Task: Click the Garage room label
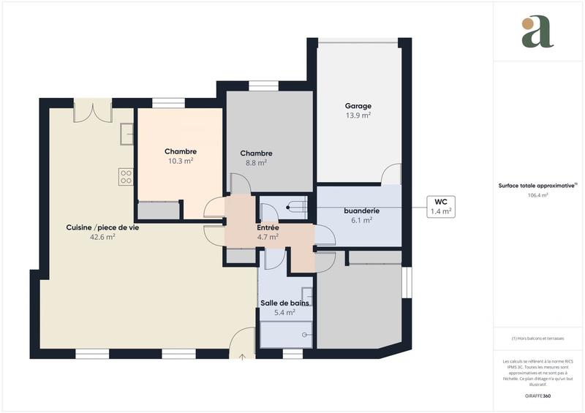(358, 106)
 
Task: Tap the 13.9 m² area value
(358, 115)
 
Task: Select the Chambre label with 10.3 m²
(180, 151)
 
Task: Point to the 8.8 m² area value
(257, 163)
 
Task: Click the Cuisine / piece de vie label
(102, 227)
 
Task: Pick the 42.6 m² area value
(102, 237)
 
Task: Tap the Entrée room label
(267, 227)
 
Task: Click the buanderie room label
(362, 211)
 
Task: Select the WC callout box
(440, 206)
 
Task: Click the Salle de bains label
(284, 303)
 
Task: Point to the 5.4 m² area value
(284, 312)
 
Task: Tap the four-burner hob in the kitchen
(126, 175)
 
